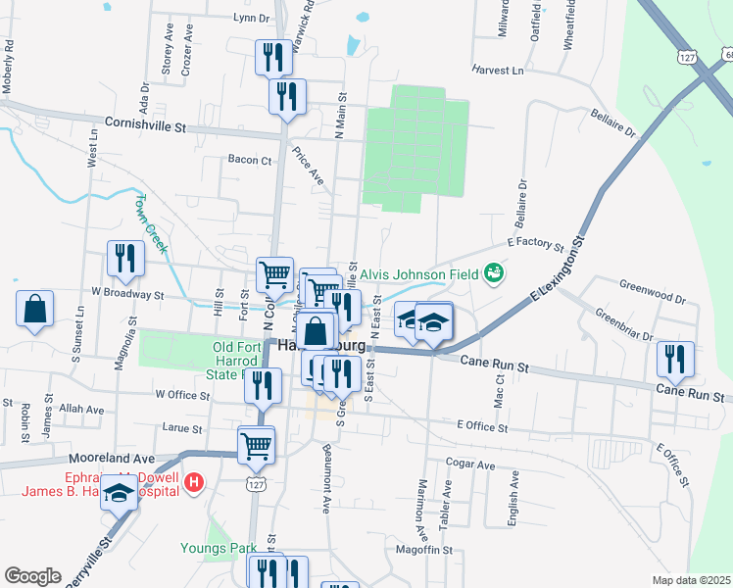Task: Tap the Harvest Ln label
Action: pos(498,71)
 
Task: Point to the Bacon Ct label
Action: pos(249,160)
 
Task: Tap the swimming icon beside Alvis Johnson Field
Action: pos(494,271)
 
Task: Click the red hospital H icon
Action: pos(194,482)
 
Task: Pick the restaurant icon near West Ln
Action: pos(125,259)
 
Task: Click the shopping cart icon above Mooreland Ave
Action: pos(257,444)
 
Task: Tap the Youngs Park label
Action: pos(219,548)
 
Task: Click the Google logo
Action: pos(32,575)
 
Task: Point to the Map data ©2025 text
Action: pos(691,580)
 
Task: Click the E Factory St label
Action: pos(536,246)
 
